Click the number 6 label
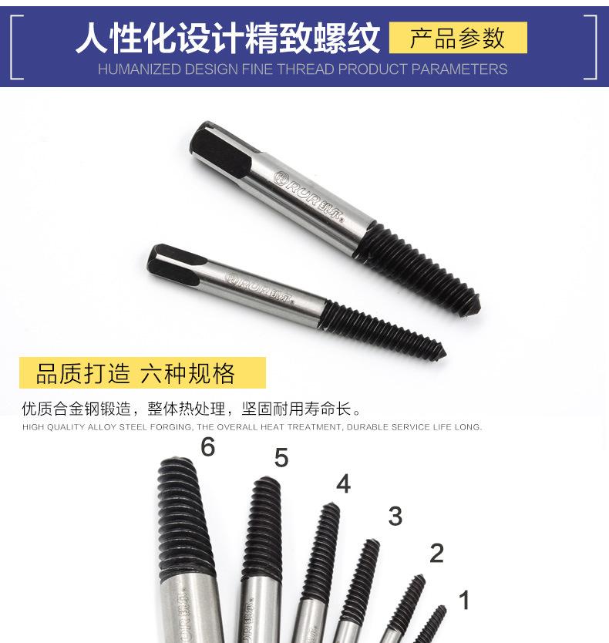(x=207, y=447)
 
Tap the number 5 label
(x=281, y=458)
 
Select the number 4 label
(x=343, y=484)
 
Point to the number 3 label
(x=395, y=517)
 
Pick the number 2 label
(x=436, y=553)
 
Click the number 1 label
(x=464, y=600)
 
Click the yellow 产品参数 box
(x=458, y=38)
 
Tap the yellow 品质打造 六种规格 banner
(x=142, y=373)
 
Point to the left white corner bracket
(x=16, y=46)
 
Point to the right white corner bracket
(x=590, y=46)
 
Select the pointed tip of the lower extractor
(x=442, y=354)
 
